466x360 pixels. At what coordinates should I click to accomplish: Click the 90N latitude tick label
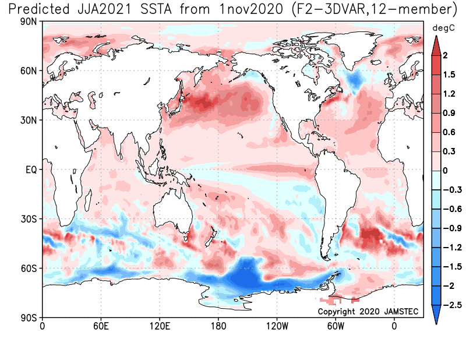click(x=28, y=22)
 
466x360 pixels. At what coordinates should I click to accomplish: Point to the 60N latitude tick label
click(x=28, y=71)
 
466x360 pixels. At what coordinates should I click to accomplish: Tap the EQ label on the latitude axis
click(x=30, y=170)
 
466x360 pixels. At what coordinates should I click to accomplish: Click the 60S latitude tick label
click(x=28, y=269)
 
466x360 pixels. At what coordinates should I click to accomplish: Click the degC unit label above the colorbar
click(x=440, y=28)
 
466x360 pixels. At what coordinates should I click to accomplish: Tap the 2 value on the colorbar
click(x=444, y=56)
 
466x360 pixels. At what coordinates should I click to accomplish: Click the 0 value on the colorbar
click(x=444, y=171)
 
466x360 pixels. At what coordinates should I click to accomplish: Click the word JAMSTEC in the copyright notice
click(x=403, y=312)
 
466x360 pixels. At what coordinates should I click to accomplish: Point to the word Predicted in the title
click(x=40, y=9)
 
